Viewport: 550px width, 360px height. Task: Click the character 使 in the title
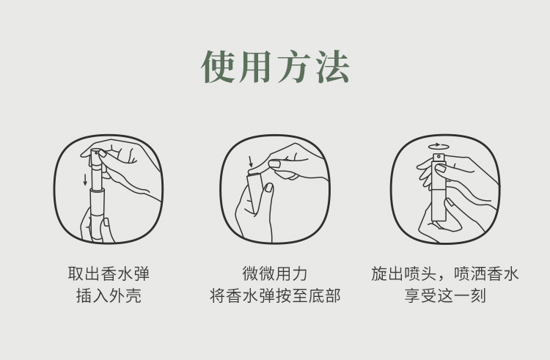click(219, 67)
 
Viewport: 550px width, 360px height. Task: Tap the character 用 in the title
click(256, 67)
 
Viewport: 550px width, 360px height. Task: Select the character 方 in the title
click(293, 67)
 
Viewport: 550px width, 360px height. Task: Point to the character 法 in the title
click(330, 67)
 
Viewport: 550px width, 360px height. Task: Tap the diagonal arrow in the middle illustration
click(250, 162)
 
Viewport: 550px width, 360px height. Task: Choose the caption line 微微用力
click(275, 274)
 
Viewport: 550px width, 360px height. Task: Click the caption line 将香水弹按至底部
click(275, 297)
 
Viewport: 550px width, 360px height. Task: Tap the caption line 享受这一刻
click(444, 297)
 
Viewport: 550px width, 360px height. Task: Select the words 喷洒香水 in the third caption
click(487, 274)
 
